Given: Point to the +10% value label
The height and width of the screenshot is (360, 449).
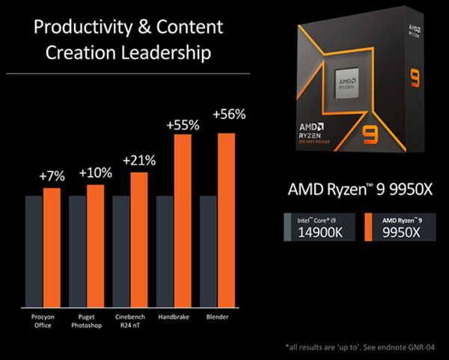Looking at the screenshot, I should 95,172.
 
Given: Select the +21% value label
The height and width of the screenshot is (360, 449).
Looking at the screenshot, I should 139,160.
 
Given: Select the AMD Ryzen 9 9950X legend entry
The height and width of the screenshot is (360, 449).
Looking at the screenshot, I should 399,227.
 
